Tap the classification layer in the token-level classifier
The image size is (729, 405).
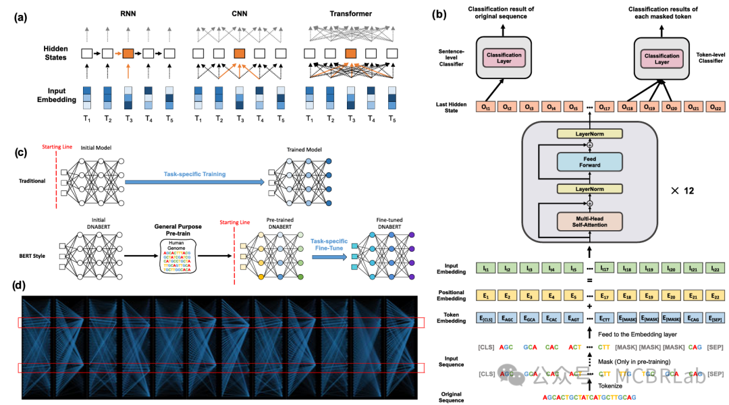(661, 57)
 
